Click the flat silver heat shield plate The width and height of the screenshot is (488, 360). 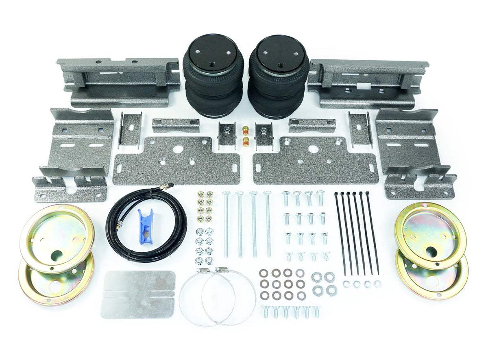pyautogui.click(x=138, y=294)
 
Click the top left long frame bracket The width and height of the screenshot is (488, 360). pyautogui.click(x=118, y=81)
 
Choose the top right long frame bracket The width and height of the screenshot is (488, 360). pyautogui.click(x=368, y=83)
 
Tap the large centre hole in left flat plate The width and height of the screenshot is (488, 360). pyautogui.click(x=177, y=149)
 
